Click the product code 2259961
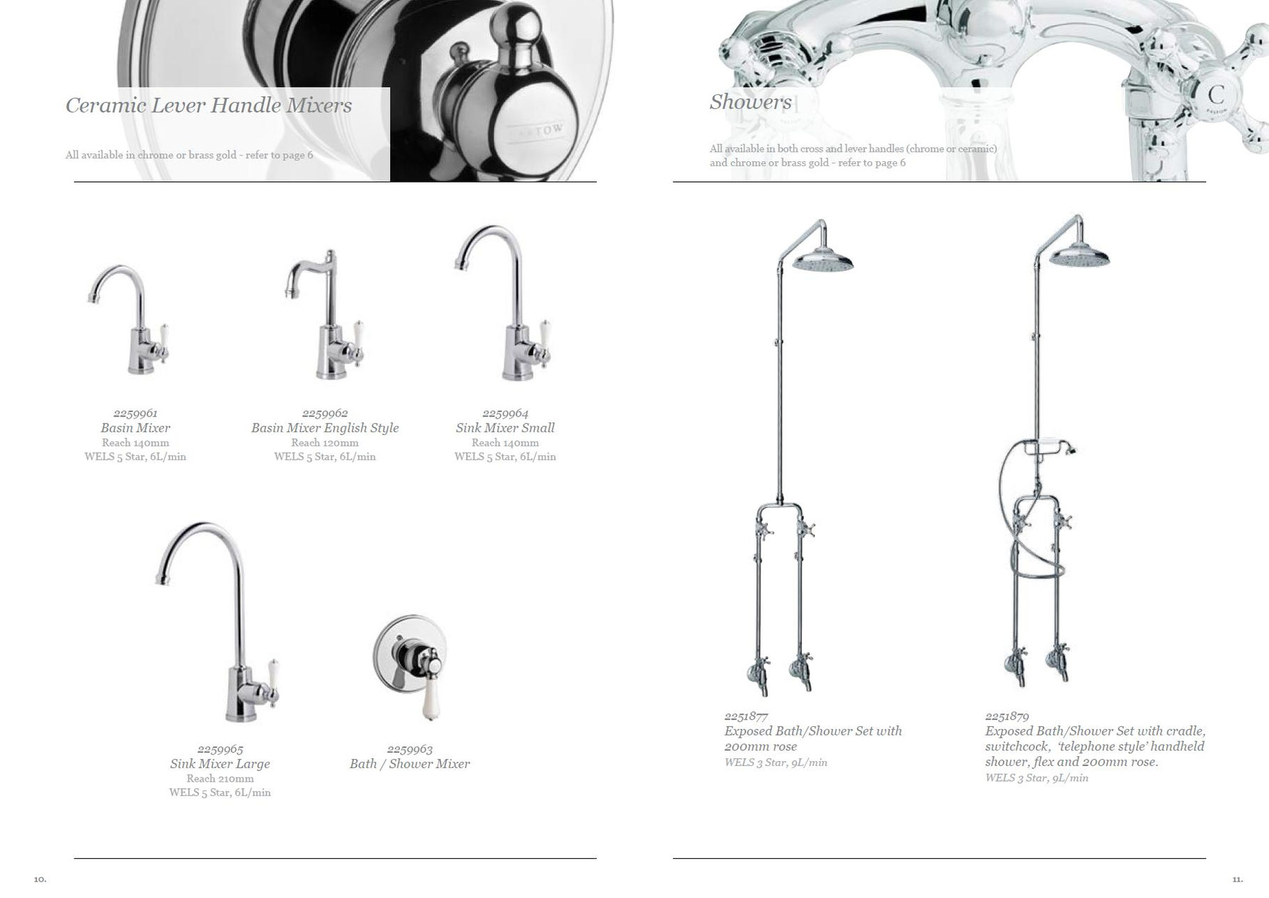[x=135, y=413]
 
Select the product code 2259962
[x=325, y=413]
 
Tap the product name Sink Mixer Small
[x=505, y=428]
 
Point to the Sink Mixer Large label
[x=220, y=764]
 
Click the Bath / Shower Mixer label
[x=410, y=764]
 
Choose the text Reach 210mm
[x=220, y=779]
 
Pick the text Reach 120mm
[x=325, y=442]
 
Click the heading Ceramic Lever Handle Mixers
[x=209, y=106]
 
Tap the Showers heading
[x=751, y=102]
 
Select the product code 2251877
[x=746, y=716]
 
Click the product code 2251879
[x=1007, y=716]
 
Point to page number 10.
[x=40, y=879]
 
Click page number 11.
[x=1237, y=879]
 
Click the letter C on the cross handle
[x=1216, y=94]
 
